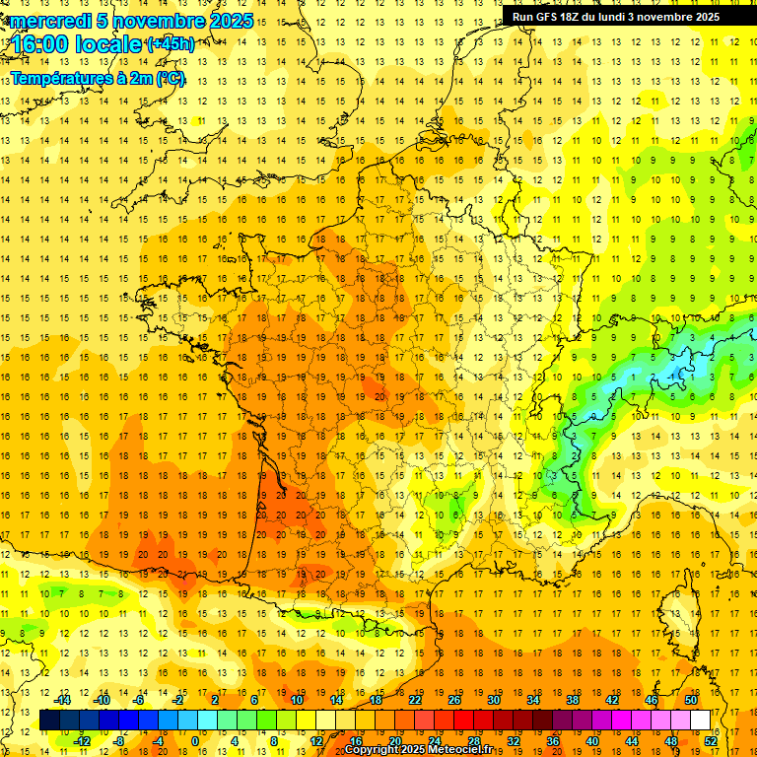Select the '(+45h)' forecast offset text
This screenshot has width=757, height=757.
pos(171,44)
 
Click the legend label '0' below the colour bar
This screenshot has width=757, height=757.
pos(195,741)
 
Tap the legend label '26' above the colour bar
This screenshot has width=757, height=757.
pos(454,699)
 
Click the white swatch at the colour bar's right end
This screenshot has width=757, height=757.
pos(700,720)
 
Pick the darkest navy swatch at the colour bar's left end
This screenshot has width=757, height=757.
pos(50,720)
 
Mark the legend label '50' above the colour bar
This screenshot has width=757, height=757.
pos(691,699)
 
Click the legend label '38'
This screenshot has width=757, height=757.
pos(573,699)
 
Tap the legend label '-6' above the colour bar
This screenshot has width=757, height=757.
pos(139,699)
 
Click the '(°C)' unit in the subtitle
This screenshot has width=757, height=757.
pos(171,78)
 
